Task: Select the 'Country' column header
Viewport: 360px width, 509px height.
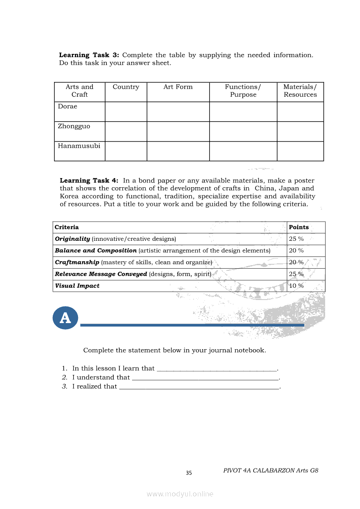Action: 126,87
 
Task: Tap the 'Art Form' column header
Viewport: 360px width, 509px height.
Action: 178,87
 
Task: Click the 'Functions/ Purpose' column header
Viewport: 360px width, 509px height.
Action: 243,91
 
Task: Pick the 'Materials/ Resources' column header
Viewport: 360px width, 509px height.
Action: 300,91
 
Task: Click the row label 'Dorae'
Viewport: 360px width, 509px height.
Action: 68,106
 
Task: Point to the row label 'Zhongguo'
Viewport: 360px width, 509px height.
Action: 74,126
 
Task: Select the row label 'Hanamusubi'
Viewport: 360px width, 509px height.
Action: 79,146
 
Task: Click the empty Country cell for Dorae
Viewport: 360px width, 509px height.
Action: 126,111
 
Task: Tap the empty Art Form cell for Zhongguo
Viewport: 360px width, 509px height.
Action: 178,131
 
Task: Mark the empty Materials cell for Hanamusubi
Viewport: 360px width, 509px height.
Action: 300,151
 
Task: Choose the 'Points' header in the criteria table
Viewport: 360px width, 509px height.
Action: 299,227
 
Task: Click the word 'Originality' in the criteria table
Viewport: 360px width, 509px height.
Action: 72,239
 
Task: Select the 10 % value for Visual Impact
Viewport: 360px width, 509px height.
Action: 296,286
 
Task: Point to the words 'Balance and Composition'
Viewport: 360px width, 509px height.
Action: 96,251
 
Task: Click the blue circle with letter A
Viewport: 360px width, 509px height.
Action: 65,317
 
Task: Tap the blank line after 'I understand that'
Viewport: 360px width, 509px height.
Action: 205,378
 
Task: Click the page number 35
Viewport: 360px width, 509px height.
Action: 189,473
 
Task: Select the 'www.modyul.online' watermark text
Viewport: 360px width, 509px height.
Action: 180,494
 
